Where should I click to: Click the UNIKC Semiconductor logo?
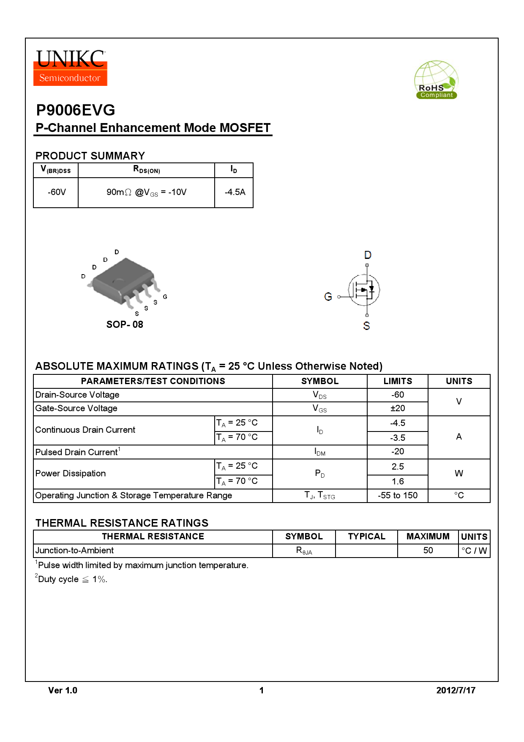(70, 68)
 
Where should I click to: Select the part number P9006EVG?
(76, 110)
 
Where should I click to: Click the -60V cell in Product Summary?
(57, 192)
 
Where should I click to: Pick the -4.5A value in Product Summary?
(235, 192)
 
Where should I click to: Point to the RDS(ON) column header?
(147, 170)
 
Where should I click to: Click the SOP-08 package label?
(125, 324)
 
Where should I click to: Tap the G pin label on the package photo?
(165, 297)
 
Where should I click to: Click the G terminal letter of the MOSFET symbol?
(328, 297)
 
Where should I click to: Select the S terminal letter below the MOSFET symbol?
(366, 326)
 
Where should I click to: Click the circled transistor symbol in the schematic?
(364, 290)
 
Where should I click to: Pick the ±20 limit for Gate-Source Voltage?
(398, 409)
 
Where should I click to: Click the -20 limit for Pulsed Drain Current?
(398, 452)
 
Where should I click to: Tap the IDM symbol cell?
(320, 452)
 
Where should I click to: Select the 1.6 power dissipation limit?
(398, 482)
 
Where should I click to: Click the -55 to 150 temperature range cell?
(398, 496)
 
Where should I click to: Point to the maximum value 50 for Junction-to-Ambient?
(428, 550)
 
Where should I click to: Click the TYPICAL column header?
(366, 537)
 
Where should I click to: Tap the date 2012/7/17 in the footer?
(456, 690)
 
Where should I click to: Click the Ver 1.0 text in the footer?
(63, 690)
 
